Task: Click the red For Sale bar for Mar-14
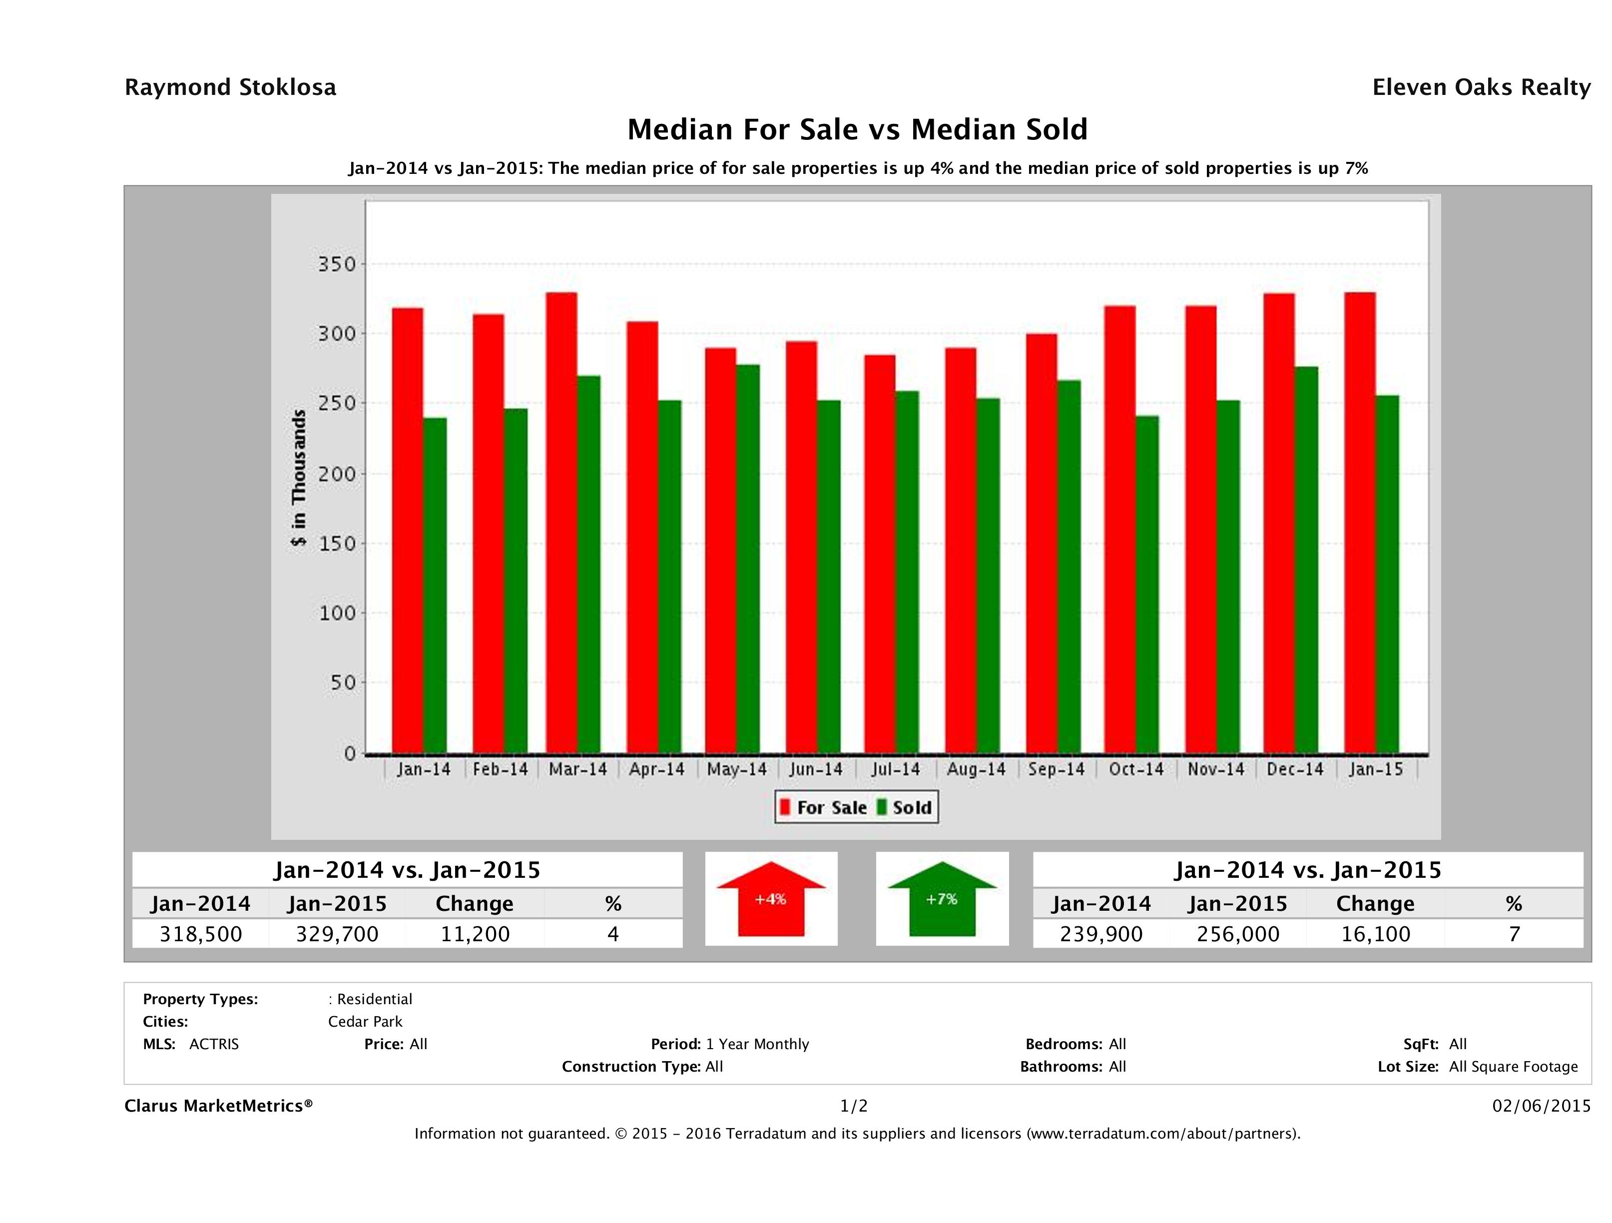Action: pyautogui.click(x=561, y=523)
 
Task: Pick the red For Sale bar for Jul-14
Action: pyautogui.click(x=880, y=554)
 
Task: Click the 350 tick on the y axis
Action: pyautogui.click(x=337, y=264)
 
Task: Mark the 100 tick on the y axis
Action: pyautogui.click(x=337, y=613)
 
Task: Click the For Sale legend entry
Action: pyautogui.click(x=824, y=807)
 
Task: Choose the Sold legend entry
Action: pyautogui.click(x=904, y=807)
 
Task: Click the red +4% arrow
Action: pyautogui.click(x=771, y=899)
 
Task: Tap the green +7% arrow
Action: pyautogui.click(x=942, y=899)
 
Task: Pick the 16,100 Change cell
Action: pyautogui.click(x=1375, y=934)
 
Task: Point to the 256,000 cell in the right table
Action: pyautogui.click(x=1237, y=934)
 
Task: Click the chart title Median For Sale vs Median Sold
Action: pyautogui.click(x=857, y=130)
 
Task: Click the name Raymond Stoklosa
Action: pyautogui.click(x=230, y=87)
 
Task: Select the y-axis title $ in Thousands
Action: pyautogui.click(x=299, y=478)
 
